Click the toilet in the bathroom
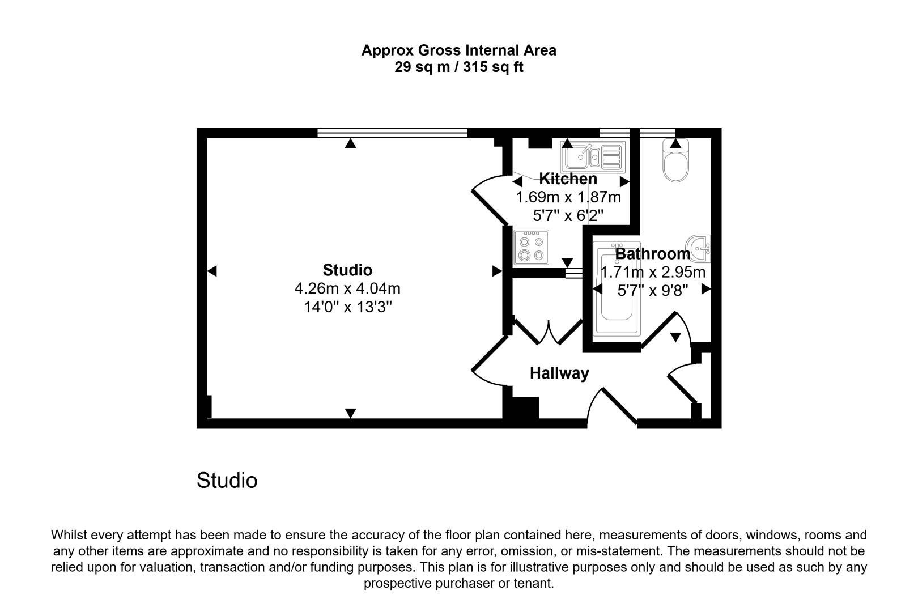[675, 164]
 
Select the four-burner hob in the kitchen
[531, 247]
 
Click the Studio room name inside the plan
[347, 270]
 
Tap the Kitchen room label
[568, 179]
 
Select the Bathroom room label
[652, 254]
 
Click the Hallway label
[559, 373]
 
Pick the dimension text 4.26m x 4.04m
[347, 288]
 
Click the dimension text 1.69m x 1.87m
[568, 197]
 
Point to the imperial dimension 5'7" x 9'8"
[652, 291]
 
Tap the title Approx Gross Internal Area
[458, 50]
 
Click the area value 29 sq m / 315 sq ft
[458, 67]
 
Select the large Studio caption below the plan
[227, 481]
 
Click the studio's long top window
[392, 133]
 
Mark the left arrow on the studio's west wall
[212, 271]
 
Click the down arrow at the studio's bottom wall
[351, 413]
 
